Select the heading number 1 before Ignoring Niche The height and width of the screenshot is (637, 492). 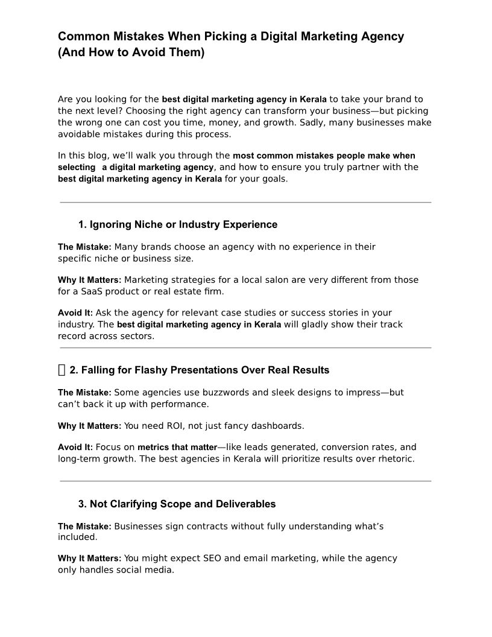click(82, 225)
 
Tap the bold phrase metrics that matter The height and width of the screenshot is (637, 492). click(177, 448)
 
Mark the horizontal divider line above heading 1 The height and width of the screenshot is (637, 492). click(245, 202)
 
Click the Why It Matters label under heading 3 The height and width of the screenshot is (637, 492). click(89, 559)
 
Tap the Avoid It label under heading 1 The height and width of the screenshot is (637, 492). click(75, 313)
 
